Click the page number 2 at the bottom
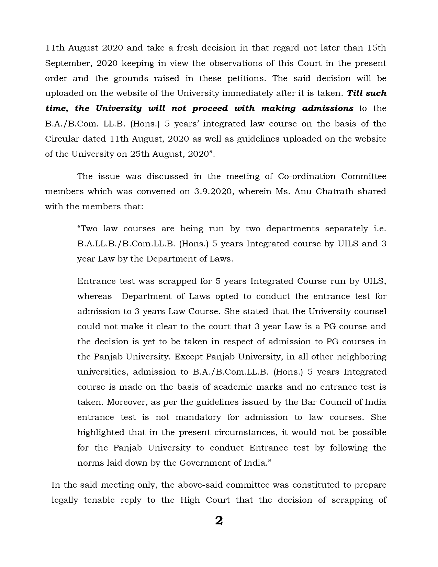pyautogui.click(x=219, y=521)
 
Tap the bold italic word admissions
pyautogui.click(x=328, y=109)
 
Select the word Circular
pyautogui.click(x=61, y=139)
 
